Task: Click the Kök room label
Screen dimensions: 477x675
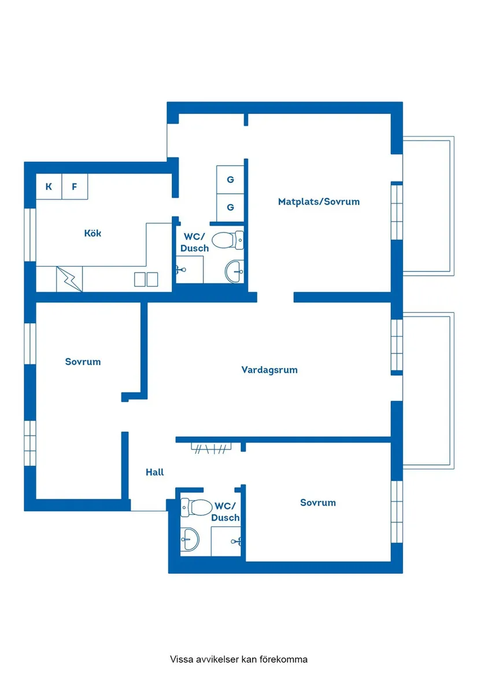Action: (x=93, y=233)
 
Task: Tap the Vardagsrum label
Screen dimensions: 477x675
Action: (x=269, y=370)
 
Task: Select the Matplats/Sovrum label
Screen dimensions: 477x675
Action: (x=319, y=201)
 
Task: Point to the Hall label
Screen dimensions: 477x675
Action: (x=154, y=472)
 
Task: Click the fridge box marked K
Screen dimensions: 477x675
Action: (x=49, y=186)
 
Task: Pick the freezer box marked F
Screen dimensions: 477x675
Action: (x=75, y=186)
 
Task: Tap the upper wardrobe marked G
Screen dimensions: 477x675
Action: (x=230, y=180)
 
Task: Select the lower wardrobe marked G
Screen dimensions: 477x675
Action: (x=230, y=208)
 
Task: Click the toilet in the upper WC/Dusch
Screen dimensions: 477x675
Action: (x=228, y=240)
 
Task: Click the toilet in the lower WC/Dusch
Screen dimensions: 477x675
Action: (x=197, y=507)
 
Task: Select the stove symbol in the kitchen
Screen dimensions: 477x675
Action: (x=69, y=279)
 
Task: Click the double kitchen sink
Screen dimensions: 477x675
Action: (x=146, y=279)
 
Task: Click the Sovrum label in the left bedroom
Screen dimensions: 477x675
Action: (x=83, y=362)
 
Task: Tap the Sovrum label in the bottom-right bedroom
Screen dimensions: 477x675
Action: (x=318, y=503)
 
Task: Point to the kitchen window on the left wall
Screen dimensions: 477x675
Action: (x=30, y=235)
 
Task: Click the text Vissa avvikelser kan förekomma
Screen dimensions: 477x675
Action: (x=238, y=659)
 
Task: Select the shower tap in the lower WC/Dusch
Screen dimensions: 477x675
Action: (x=236, y=541)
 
